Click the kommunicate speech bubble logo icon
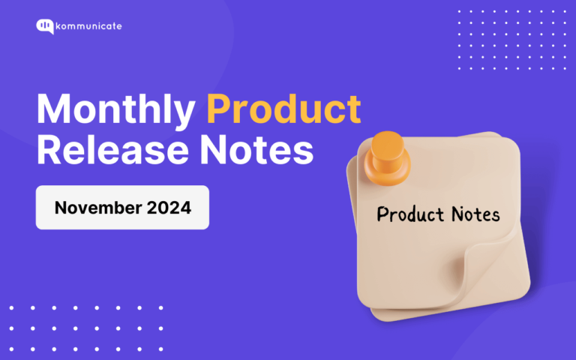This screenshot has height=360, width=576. [45, 26]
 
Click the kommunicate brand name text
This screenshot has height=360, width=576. [90, 26]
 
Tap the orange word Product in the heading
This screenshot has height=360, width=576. [283, 111]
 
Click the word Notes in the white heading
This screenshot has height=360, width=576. [262, 150]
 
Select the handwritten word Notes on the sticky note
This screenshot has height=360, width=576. [472, 214]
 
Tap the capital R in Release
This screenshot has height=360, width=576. [50, 150]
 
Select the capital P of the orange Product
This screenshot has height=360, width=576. [219, 111]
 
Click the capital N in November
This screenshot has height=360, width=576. [61, 207]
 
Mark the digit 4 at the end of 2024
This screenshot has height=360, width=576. [186, 207]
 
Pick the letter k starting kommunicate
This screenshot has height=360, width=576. [61, 26]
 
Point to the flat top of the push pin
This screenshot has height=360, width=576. [387, 142]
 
